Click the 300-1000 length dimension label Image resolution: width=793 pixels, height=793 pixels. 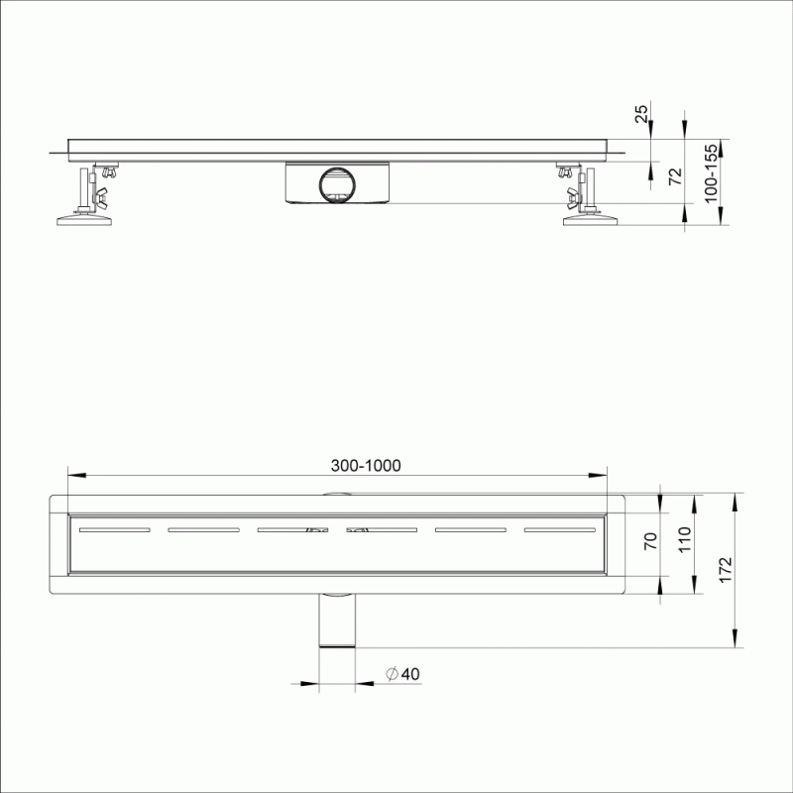[x=366, y=466]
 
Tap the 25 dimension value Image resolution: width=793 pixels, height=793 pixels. [x=641, y=114]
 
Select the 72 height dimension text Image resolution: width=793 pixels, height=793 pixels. [x=675, y=176]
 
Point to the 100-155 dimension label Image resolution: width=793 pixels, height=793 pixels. [x=711, y=172]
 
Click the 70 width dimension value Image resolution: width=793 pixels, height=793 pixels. [x=651, y=541]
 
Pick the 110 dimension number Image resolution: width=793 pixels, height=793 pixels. [x=684, y=539]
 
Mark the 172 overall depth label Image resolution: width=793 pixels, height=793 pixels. [x=726, y=570]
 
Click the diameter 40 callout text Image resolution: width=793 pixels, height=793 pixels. [x=403, y=674]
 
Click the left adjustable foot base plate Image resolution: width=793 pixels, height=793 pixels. [x=84, y=220]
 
